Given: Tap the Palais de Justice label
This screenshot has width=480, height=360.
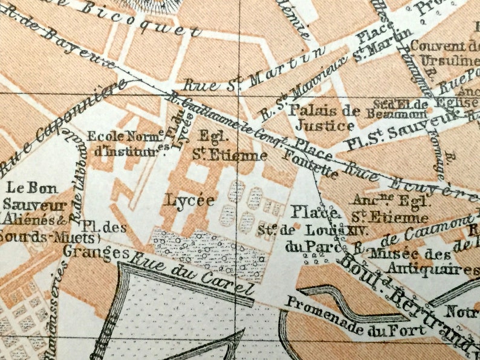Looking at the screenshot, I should [321, 118].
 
